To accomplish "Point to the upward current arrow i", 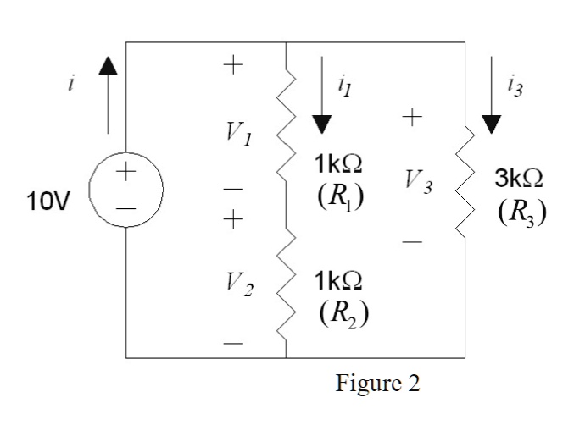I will point(109,97).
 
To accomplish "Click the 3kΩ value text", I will point(520,179).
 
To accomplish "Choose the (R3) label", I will point(521,211).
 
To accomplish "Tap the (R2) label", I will point(343,312).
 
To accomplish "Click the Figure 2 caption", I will point(377,382).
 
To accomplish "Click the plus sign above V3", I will point(413,119).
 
